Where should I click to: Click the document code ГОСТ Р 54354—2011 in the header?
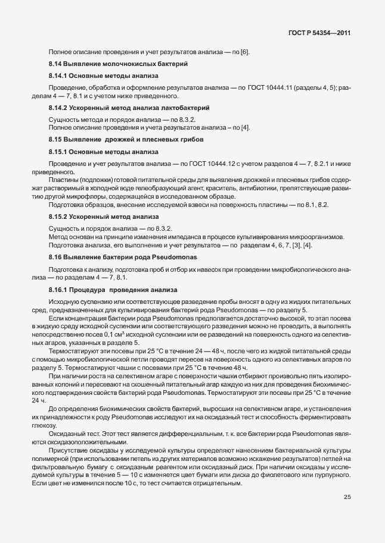click(318, 34)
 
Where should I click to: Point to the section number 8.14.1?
click(60, 76)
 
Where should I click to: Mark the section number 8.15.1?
click(60, 152)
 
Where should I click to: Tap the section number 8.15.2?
click(60, 216)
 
